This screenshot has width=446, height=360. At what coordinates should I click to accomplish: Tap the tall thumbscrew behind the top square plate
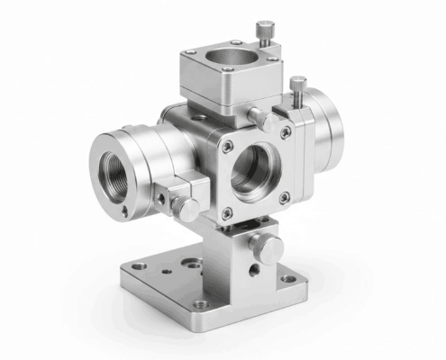coord(263,32)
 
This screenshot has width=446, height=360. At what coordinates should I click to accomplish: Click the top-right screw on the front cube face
coord(286,132)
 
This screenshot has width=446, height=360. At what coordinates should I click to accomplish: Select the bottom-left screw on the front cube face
coord(227,212)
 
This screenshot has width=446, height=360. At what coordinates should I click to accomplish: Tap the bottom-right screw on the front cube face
coord(287,196)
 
